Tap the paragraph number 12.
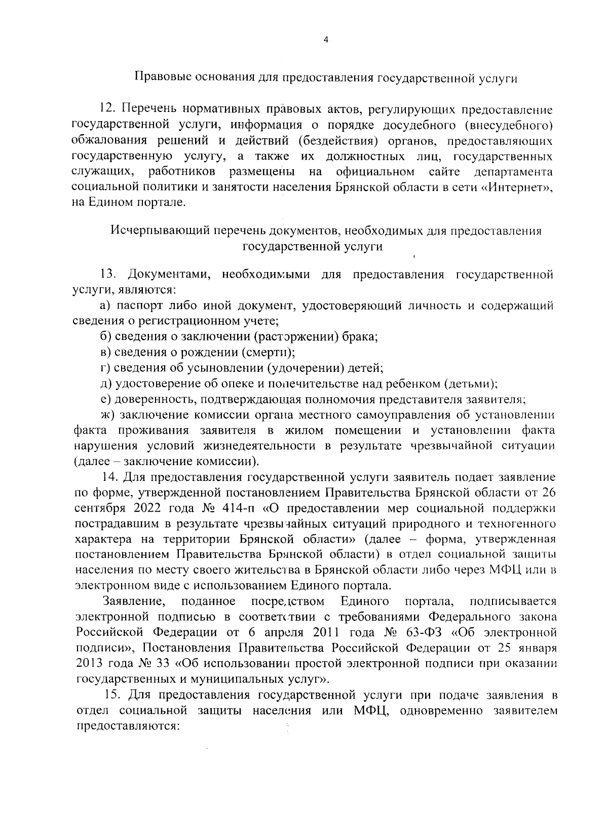pyautogui.click(x=108, y=109)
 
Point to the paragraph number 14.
pyautogui.click(x=110, y=477)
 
